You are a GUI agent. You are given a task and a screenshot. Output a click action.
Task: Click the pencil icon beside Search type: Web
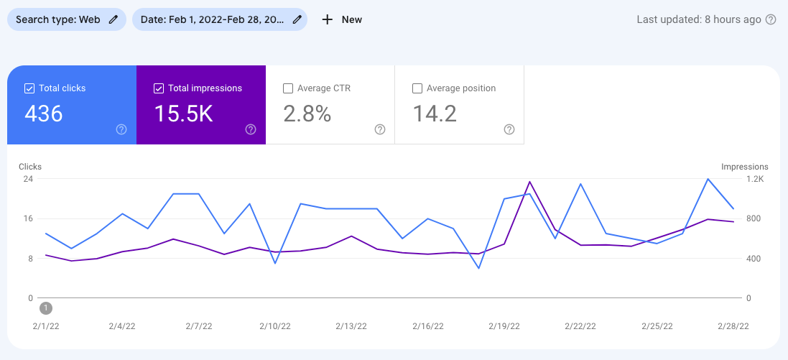tap(113, 19)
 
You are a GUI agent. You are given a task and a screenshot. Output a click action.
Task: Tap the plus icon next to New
tap(328, 19)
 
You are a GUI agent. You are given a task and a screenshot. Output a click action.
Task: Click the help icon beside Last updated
tap(771, 19)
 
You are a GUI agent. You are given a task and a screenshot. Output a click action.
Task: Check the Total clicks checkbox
tap(29, 88)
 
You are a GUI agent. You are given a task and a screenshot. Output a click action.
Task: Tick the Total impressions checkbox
tap(159, 88)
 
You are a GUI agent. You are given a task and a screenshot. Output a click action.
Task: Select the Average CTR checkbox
tap(288, 88)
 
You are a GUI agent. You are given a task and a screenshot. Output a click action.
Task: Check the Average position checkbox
tap(417, 88)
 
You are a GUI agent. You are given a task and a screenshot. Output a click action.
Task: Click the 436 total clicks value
tap(44, 114)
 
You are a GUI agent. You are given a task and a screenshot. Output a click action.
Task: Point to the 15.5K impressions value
tap(184, 114)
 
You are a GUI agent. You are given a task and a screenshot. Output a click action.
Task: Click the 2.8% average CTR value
tap(307, 114)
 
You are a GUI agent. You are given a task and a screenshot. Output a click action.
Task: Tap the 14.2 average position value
tap(435, 114)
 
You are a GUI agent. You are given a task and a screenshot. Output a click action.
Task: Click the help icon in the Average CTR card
tap(380, 129)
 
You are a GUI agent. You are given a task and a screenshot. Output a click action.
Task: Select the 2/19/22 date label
tap(504, 326)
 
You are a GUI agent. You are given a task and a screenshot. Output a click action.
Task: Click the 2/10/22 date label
tap(275, 326)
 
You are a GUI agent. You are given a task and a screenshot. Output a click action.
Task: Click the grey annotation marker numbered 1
tap(46, 308)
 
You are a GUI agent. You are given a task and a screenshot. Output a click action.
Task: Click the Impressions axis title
tap(745, 167)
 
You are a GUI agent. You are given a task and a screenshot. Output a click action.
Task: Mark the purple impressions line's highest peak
tap(529, 182)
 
